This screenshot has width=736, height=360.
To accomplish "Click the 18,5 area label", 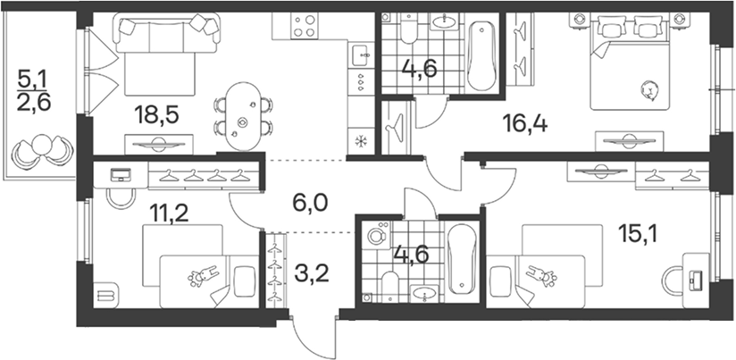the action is (x=156, y=115).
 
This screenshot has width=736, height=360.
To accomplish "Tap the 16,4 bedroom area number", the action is (x=525, y=124).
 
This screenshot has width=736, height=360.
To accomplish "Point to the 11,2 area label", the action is (x=169, y=213).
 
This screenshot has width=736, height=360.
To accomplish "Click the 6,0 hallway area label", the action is (x=309, y=204).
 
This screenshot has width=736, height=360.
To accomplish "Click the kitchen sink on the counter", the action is (x=361, y=55).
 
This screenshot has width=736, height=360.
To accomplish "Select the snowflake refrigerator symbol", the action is (x=361, y=141).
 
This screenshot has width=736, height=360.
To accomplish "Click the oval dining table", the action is (x=242, y=116).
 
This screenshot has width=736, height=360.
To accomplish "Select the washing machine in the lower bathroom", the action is (x=375, y=235).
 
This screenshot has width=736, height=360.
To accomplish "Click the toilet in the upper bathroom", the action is (x=409, y=29).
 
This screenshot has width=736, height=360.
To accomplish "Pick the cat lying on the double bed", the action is (x=650, y=89).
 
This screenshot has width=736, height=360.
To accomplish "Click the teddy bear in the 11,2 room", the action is (x=202, y=276).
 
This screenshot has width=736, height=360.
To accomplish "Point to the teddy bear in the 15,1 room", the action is (x=541, y=276).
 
